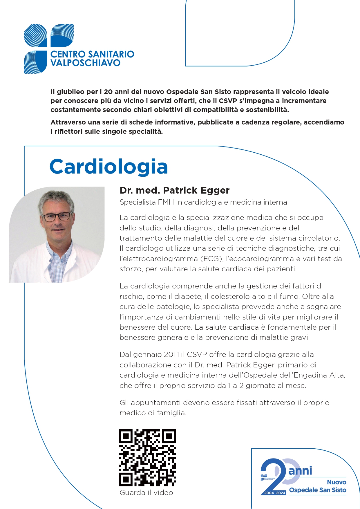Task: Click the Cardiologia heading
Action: pyautogui.click(x=109, y=167)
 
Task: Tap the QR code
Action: pyautogui.click(x=147, y=458)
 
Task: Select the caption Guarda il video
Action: pyautogui.click(x=146, y=492)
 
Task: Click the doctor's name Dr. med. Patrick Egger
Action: pyautogui.click(x=174, y=190)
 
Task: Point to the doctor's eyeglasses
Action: pyautogui.click(x=57, y=216)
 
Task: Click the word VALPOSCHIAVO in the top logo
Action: pyautogui.click(x=85, y=63)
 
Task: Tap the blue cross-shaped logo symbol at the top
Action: pyautogui.click(x=48, y=48)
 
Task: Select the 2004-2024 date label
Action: pyautogui.click(x=275, y=493)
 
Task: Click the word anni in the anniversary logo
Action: pyautogui.click(x=300, y=470)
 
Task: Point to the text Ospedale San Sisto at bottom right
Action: pyautogui.click(x=318, y=490)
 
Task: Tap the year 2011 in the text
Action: pyautogui.click(x=171, y=355)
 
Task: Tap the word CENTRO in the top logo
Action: pyautogui.click(x=68, y=54)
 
